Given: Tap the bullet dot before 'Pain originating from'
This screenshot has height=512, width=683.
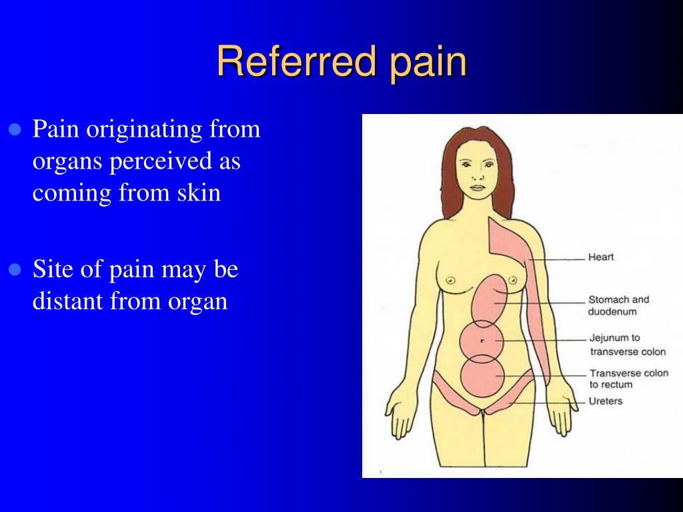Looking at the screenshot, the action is [x=15, y=130].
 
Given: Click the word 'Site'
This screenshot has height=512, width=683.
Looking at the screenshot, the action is [x=52, y=269].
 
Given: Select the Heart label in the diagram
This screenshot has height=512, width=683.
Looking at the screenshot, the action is [x=601, y=257].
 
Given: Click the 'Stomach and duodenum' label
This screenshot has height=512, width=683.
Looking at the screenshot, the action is [x=618, y=305].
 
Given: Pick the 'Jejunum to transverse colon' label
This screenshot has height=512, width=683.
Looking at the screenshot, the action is [x=628, y=345].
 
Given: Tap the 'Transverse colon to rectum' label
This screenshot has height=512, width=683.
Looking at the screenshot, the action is [x=628, y=379].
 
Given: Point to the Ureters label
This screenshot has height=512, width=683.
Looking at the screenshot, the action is [x=606, y=401].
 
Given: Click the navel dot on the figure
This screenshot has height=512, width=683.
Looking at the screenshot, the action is [x=482, y=341].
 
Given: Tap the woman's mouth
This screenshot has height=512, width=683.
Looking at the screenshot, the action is [x=478, y=187].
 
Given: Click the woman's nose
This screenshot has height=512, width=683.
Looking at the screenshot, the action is [x=478, y=175].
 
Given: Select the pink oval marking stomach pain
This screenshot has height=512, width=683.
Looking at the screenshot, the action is [x=490, y=301].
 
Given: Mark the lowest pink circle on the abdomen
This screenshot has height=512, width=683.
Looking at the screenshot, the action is [x=482, y=376].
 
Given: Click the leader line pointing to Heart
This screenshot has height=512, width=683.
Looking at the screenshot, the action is [x=557, y=259].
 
